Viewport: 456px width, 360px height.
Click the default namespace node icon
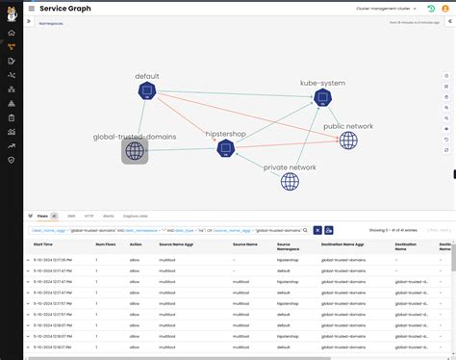[x=146, y=91]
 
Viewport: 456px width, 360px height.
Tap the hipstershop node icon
[x=225, y=148]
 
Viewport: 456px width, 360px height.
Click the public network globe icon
[x=348, y=141]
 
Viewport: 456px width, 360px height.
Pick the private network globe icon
[x=290, y=181]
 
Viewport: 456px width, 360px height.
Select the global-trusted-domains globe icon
[x=135, y=151]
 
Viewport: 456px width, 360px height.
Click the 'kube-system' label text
[x=322, y=83]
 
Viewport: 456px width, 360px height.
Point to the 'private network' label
[x=290, y=167]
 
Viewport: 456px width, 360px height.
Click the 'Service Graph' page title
[x=65, y=8]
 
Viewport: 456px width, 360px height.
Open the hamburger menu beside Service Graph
[x=31, y=8]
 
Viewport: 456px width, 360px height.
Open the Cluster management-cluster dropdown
[x=384, y=8]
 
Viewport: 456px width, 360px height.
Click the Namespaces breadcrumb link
[x=50, y=31]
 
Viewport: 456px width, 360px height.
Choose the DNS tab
[x=71, y=217]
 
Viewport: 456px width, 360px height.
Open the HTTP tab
[x=89, y=217]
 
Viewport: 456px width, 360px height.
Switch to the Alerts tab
[x=108, y=217]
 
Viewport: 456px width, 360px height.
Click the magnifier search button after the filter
[x=317, y=230]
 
